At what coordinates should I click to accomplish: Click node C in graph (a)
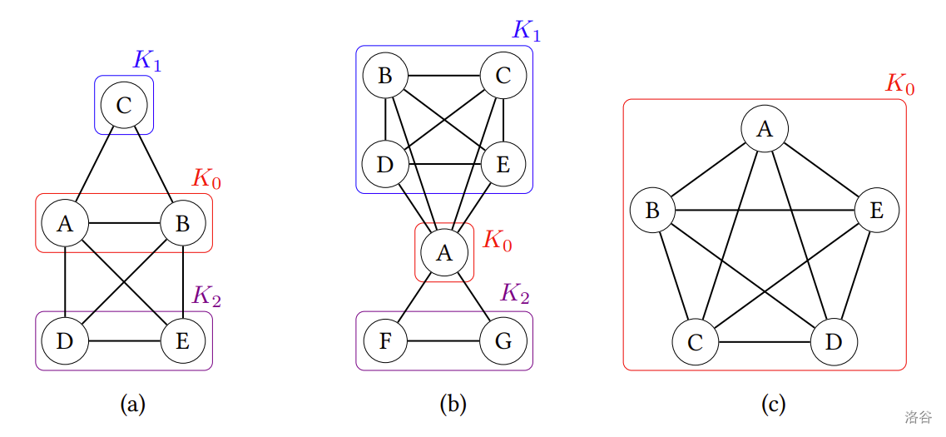[x=124, y=106]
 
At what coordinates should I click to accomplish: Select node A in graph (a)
[x=65, y=223]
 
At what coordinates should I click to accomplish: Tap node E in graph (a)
[x=183, y=340]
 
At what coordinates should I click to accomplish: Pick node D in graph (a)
[x=65, y=340]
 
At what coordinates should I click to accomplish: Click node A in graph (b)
[x=444, y=253]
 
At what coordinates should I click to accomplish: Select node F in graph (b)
[x=385, y=341]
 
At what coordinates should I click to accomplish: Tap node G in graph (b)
[x=503, y=341]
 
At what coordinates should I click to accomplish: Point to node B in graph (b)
[x=385, y=77]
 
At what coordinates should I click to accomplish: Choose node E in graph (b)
[x=503, y=164]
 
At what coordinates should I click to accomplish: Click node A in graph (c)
[x=765, y=129]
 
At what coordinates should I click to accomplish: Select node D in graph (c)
[x=834, y=341]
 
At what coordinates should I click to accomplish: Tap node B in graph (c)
[x=652, y=210]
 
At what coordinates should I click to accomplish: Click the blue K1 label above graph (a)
[x=147, y=61]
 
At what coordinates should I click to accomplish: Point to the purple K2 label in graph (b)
[x=515, y=294]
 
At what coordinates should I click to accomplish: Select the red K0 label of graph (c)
[x=899, y=85]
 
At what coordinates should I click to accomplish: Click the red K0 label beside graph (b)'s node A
[x=498, y=241]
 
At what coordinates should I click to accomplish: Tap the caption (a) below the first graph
[x=133, y=405]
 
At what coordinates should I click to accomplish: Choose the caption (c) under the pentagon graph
[x=773, y=405]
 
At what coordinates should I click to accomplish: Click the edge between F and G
[x=444, y=341]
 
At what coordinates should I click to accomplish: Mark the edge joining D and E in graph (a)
[x=124, y=341]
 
